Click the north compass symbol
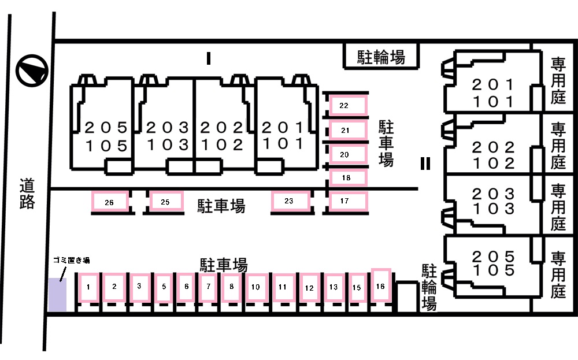[x=32, y=70]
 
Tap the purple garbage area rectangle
[x=57, y=295]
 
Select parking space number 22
[x=349, y=106]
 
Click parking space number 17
[x=349, y=201]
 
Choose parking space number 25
[x=165, y=202]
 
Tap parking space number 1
[x=88, y=287]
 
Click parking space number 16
[x=380, y=285]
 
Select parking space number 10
[x=255, y=287]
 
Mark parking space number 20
[x=349, y=154]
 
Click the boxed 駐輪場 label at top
[x=381, y=57]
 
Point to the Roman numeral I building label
[x=209, y=58]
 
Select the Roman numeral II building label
[x=425, y=165]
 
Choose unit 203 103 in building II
[x=492, y=201]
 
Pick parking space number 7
[x=208, y=287]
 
